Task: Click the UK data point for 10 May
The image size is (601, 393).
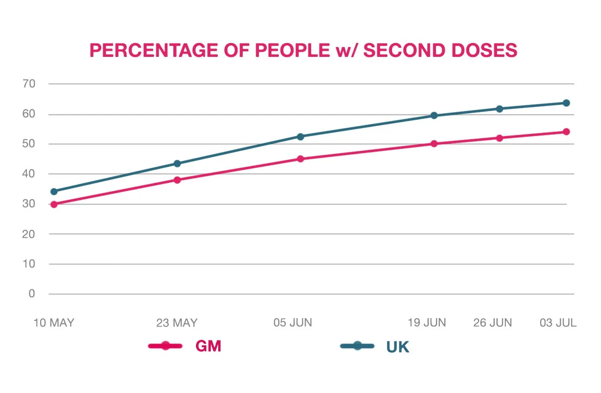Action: pyautogui.click(x=54, y=191)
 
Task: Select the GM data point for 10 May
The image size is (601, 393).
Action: pyautogui.click(x=54, y=204)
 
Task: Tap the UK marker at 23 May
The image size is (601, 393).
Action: pyautogui.click(x=177, y=163)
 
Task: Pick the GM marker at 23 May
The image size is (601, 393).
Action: pyautogui.click(x=177, y=180)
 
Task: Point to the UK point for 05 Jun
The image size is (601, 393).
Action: pyautogui.click(x=300, y=136)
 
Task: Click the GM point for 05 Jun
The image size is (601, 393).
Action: pyautogui.click(x=300, y=159)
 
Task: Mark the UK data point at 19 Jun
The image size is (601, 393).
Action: pyautogui.click(x=434, y=115)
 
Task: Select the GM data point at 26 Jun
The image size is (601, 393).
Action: pyautogui.click(x=499, y=138)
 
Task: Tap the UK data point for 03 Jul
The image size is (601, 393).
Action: pyautogui.click(x=566, y=103)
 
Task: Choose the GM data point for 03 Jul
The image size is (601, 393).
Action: pyautogui.click(x=566, y=132)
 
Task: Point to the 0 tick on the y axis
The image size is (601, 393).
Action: pyautogui.click(x=32, y=294)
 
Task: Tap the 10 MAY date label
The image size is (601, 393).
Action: pyautogui.click(x=54, y=323)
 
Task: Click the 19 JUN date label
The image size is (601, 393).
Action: pyautogui.click(x=427, y=323)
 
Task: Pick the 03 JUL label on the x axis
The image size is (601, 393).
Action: pyautogui.click(x=558, y=323)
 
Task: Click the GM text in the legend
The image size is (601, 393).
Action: pyautogui.click(x=208, y=346)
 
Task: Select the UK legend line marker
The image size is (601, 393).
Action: pyautogui.click(x=357, y=346)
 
